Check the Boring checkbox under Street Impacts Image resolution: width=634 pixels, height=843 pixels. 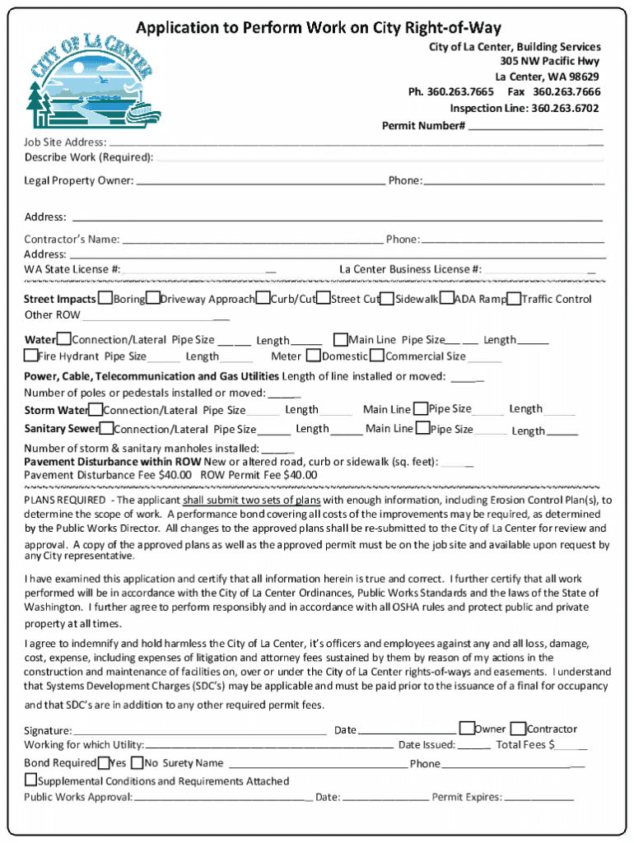[x=105, y=299]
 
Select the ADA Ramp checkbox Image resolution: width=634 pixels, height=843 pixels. [x=446, y=299]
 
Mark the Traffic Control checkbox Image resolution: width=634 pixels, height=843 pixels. [x=514, y=299]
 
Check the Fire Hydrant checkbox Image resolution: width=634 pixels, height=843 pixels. [x=30, y=356]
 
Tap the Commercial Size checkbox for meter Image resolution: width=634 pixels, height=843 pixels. [x=377, y=356]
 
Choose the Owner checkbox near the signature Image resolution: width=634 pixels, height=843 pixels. [x=467, y=728]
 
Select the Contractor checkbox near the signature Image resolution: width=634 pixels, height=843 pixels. [x=518, y=729]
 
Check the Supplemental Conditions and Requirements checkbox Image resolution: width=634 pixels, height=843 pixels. [x=30, y=780]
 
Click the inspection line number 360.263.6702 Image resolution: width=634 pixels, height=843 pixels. [x=565, y=109]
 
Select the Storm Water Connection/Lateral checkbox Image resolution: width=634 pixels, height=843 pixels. [x=96, y=409]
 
